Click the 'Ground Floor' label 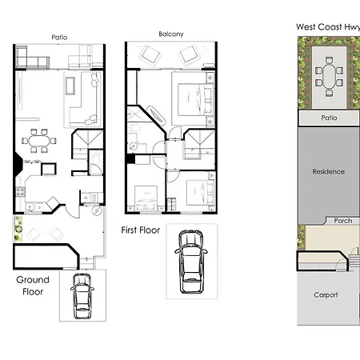pyautogui.click(x=33, y=286)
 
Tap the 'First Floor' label pyautogui.click(x=141, y=230)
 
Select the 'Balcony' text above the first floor pyautogui.click(x=171, y=34)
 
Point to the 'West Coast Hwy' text pyautogui.click(x=328, y=27)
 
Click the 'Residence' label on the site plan pyautogui.click(x=328, y=171)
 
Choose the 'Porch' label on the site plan pyautogui.click(x=343, y=221)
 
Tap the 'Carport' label pyautogui.click(x=326, y=294)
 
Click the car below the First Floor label pyautogui.click(x=191, y=262)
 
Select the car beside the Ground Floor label pyautogui.click(x=82, y=296)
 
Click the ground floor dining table pyautogui.click(x=39, y=141)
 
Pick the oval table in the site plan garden pyautogui.click(x=329, y=78)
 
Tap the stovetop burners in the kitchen pyautogui.click(x=20, y=192)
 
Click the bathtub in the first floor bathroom pyautogui.click(x=156, y=115)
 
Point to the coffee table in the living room pyautogui.click(x=70, y=86)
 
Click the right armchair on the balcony pyautogui.click(x=189, y=55)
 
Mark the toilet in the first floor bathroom pyautogui.click(x=135, y=129)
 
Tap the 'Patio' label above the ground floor pyautogui.click(x=59, y=38)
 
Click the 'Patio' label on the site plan pyautogui.click(x=329, y=118)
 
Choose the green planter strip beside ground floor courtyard pyautogui.click(x=18, y=229)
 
